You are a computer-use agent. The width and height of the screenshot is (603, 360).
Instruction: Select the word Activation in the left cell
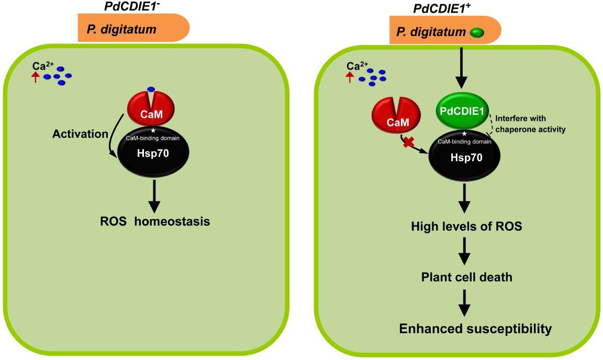pos(80,133)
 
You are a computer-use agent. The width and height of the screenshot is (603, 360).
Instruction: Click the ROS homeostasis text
pos(155,222)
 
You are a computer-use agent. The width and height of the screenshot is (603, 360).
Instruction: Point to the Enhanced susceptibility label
pos(475,329)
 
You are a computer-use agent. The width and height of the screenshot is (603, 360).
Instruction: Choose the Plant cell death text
pos(467,277)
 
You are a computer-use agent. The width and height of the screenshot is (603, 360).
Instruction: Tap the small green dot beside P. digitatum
pos(477,33)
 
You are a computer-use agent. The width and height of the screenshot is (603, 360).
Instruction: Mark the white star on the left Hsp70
pos(153,130)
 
